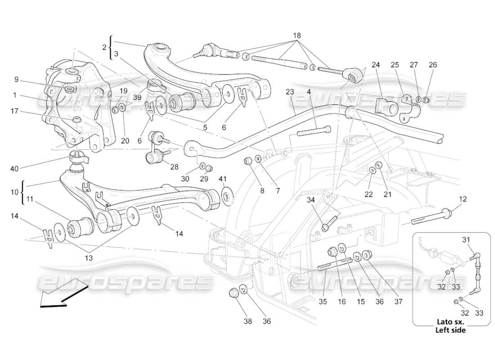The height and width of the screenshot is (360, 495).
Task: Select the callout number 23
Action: (x=289, y=92)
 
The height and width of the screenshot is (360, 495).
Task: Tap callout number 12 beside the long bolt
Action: (x=463, y=198)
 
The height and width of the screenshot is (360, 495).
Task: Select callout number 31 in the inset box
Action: (x=467, y=240)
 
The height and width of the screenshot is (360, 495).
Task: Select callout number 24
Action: (x=376, y=65)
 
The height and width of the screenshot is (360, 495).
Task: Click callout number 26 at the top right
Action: (x=433, y=65)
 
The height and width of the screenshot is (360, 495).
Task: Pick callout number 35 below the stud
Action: (x=323, y=302)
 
